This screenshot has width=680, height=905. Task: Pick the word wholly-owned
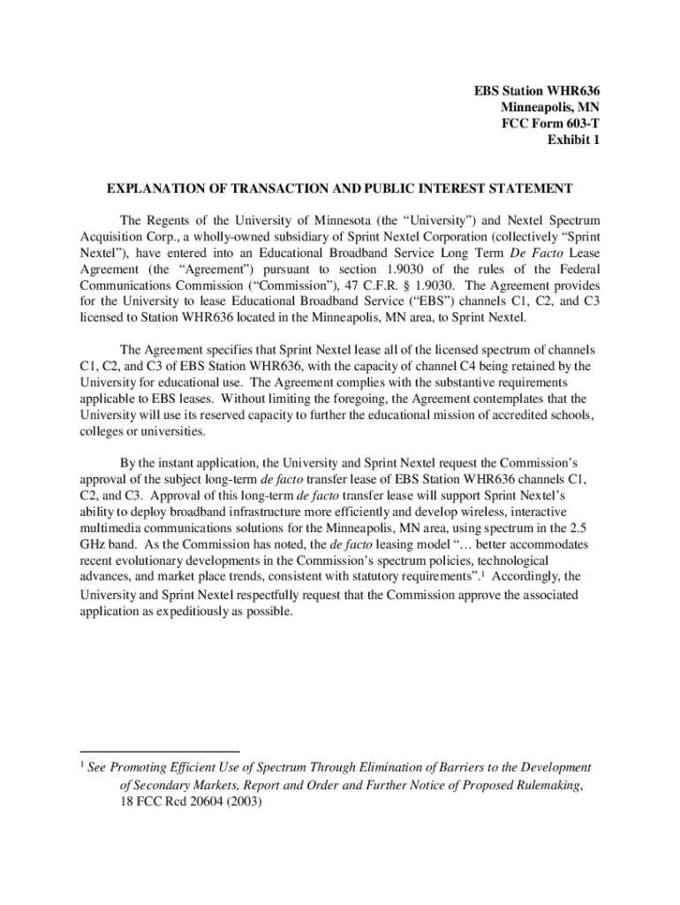click(x=216, y=236)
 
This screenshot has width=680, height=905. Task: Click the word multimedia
click(x=115, y=529)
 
